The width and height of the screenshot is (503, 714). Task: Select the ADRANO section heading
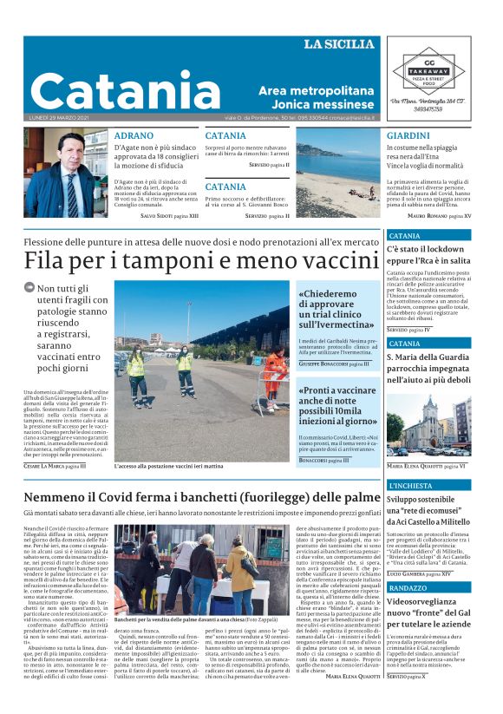pyautogui.click(x=134, y=135)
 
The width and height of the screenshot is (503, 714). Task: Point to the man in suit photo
pyautogui.click(x=66, y=174)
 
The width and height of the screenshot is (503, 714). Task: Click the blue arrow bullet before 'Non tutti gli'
pyautogui.click(x=29, y=288)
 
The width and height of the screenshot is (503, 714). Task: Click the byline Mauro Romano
pyautogui.click(x=439, y=215)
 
